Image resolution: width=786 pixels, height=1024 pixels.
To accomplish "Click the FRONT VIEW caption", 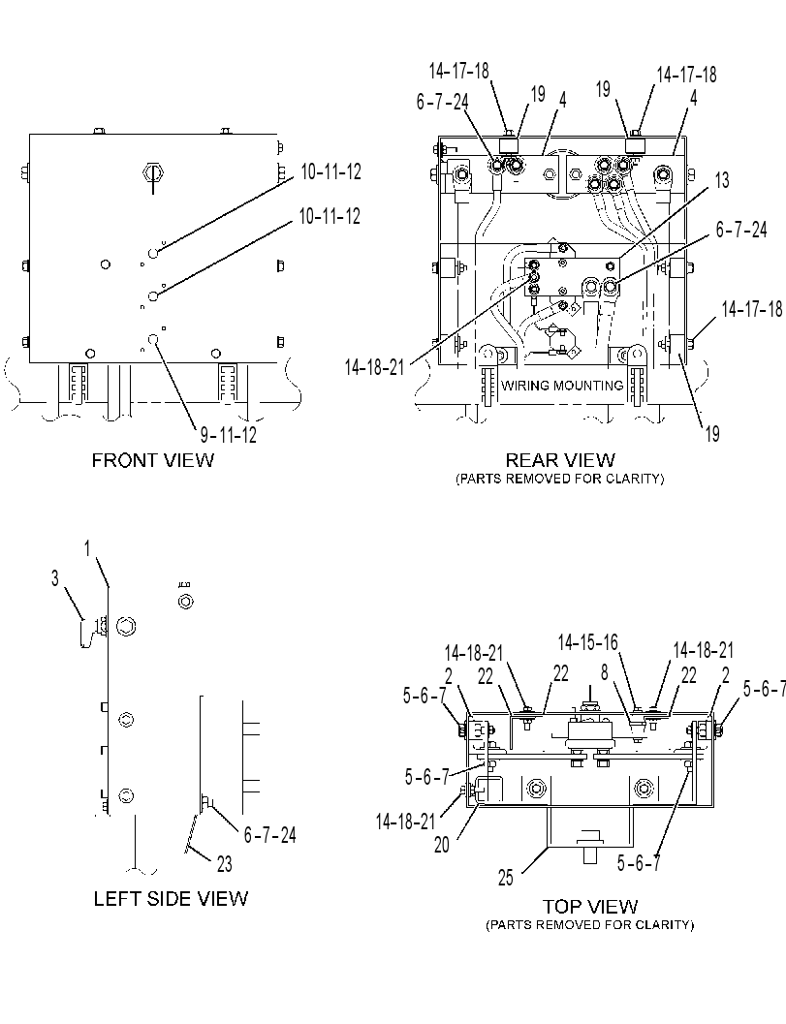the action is coord(152,460).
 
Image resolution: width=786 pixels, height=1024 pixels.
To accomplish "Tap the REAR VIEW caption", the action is coord(560,460).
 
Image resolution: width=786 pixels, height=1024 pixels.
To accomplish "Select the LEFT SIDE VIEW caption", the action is coord(171,899).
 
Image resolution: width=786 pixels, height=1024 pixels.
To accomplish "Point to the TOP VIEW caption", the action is coord(590,907).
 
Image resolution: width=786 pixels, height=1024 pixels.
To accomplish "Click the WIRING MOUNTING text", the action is coord(562,386).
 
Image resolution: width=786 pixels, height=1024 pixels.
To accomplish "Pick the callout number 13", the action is coord(722,180).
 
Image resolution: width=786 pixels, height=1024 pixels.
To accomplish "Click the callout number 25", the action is coord(506,878).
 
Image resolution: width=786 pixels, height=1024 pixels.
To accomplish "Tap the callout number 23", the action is coord(224,864).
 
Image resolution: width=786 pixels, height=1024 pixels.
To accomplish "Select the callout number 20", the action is coord(442,845).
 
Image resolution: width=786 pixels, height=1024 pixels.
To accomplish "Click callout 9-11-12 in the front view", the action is coord(228,434).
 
